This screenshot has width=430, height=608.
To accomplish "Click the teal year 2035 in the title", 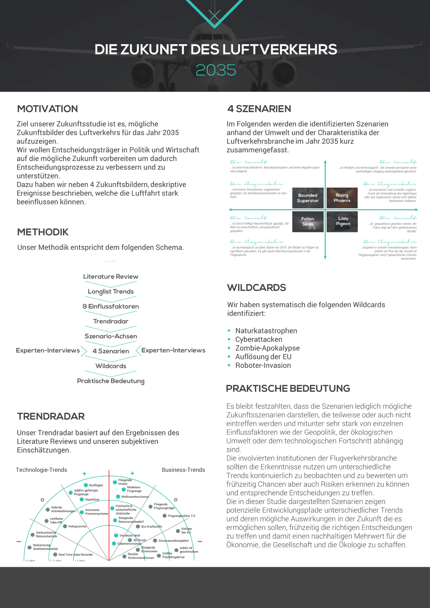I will pos(216,70).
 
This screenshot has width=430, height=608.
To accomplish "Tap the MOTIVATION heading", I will pos(47,109).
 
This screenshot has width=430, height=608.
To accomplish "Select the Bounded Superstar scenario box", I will pos(308,198).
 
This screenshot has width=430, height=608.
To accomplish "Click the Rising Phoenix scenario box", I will pos(342,198).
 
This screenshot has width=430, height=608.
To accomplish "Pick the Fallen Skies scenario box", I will pos(308,221).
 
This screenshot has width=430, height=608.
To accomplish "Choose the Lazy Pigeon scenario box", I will pos(343,221).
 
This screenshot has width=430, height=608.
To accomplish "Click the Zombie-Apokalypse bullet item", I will pos(267,348).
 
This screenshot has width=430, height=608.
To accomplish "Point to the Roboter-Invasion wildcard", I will pos(263,365).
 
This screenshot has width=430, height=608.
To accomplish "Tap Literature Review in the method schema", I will pos(111,277).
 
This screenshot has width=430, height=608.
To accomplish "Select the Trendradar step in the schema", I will pos(111,321).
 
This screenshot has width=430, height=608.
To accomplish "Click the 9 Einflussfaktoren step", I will pos(111,306).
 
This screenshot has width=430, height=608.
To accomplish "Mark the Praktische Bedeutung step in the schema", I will pos(111,381).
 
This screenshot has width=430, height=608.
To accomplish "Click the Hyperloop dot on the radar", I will pos(82,499).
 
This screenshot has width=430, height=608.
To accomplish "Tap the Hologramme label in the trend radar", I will pos(77,526).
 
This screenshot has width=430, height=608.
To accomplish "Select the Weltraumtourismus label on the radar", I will pos(135,497).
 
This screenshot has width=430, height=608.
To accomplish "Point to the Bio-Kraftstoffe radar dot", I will pos(138,527).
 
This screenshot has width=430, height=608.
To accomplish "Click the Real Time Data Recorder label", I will pos(76,554).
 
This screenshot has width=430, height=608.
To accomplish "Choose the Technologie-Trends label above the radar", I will pos(41,470).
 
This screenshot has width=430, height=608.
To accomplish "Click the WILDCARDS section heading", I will pos(256,288).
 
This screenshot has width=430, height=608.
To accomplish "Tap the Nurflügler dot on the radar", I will pos(86,485).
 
